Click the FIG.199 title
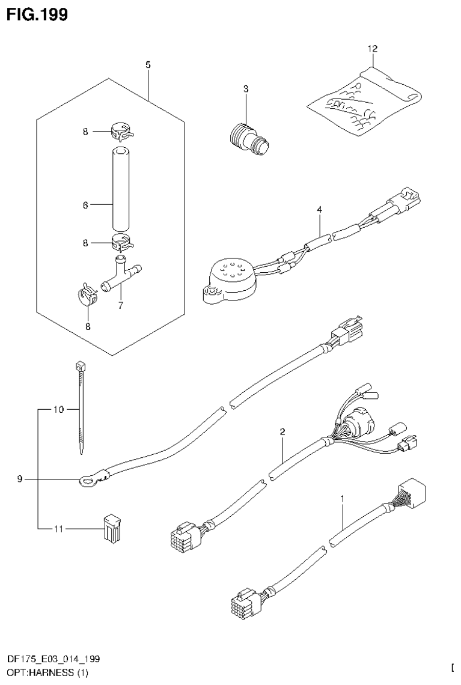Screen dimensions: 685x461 pyautogui.click(x=37, y=14)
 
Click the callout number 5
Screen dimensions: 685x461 pyautogui.click(x=147, y=64)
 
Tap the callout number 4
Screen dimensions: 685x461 pyautogui.click(x=320, y=210)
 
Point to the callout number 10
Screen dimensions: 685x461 pyautogui.click(x=57, y=410)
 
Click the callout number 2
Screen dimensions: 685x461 pyautogui.click(x=282, y=431)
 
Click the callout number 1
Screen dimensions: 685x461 pyautogui.click(x=342, y=499)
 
